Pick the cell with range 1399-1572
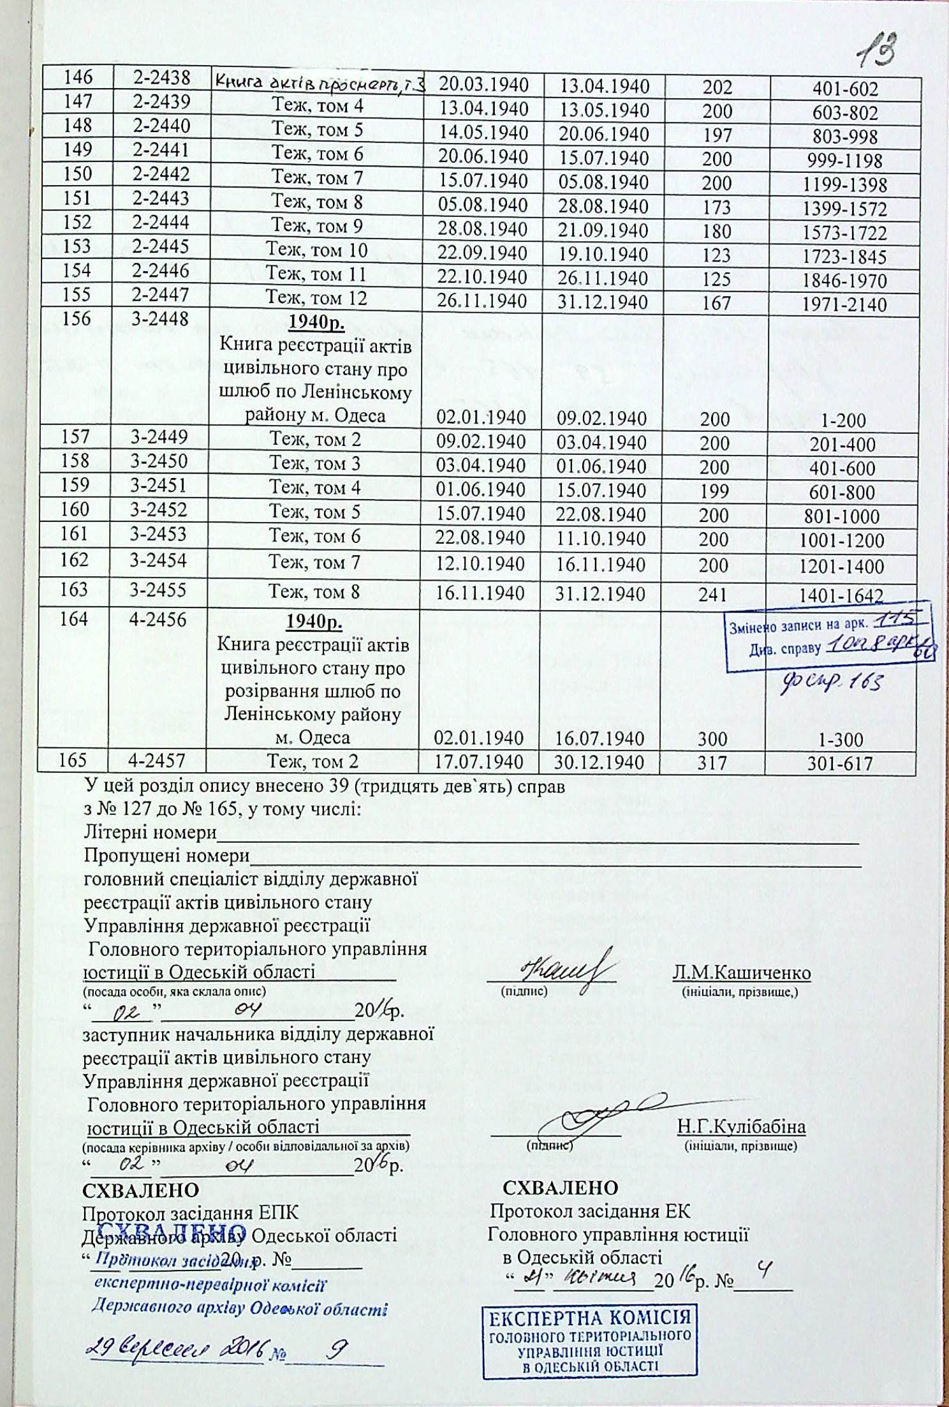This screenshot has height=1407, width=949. click(845, 209)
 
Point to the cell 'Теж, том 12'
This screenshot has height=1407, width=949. click(316, 299)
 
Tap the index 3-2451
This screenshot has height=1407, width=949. click(159, 487)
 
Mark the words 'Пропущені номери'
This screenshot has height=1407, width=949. click(166, 855)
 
